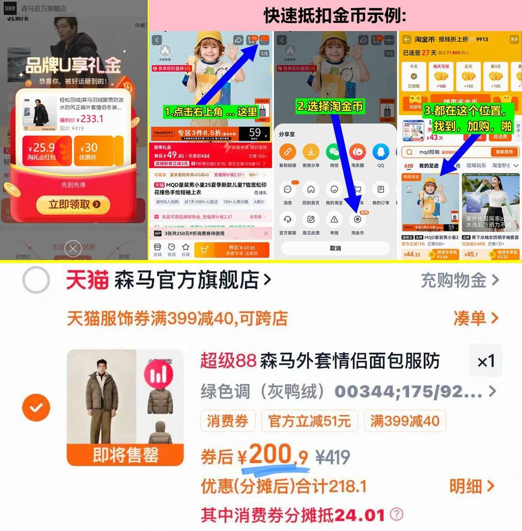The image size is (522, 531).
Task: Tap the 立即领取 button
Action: click(73, 204)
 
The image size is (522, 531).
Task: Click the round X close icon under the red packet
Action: click(73, 249)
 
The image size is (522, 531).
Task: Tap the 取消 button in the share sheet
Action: click(335, 248)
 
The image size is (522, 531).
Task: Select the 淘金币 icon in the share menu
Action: click(358, 220)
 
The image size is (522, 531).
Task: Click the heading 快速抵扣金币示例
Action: click(335, 16)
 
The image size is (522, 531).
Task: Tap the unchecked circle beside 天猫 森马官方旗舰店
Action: click(36, 280)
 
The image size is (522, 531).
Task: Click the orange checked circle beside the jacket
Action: click(36, 407)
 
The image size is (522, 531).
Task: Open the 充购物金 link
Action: click(459, 281)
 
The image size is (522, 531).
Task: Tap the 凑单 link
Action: click(475, 318)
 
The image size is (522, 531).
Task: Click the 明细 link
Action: click(472, 486)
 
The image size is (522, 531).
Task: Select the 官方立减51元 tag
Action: click(309, 421)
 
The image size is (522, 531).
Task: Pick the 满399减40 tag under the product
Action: click(405, 421)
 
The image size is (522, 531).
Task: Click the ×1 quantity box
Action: click(485, 361)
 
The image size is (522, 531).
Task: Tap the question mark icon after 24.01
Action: click(396, 514)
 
